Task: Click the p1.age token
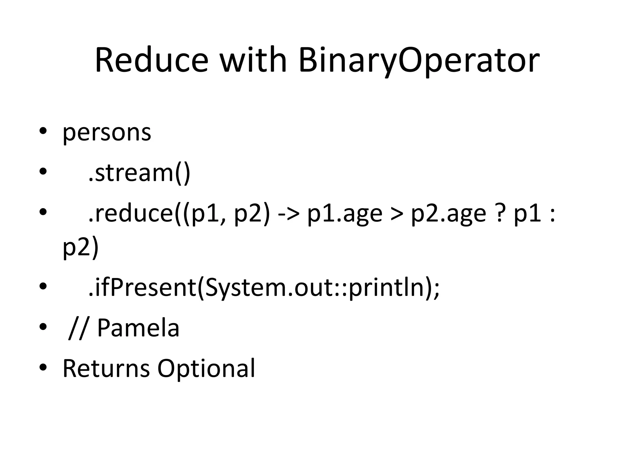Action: pos(345,214)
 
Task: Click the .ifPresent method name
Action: pos(143,288)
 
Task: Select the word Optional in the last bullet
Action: pos(206,369)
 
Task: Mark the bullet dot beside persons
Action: pos(43,131)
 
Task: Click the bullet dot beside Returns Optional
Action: pos(43,367)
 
